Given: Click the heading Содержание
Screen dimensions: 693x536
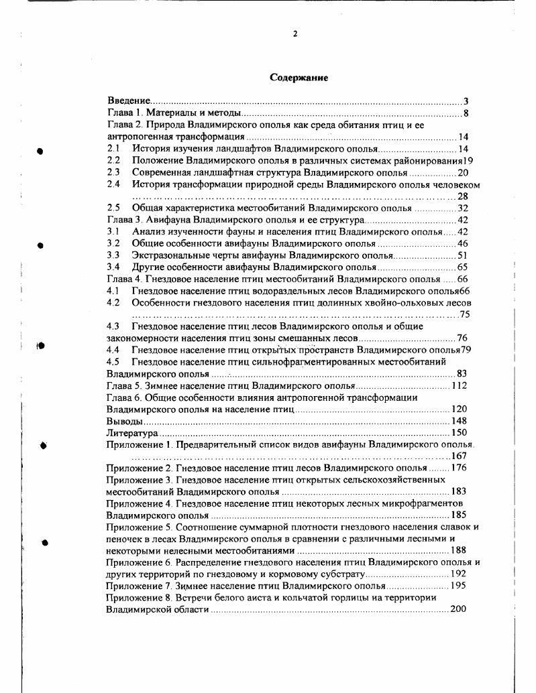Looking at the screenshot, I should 299,78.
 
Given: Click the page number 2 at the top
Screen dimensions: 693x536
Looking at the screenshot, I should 294,34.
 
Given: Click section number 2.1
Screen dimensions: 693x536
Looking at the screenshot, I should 113,148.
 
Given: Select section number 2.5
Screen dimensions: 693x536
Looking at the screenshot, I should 113,208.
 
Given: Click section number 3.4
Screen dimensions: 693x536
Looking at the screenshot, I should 113,267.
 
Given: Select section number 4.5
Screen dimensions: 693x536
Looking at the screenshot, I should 113,362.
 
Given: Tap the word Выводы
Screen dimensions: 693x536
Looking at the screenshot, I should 124,422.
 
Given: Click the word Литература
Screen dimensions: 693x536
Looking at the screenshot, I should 129,434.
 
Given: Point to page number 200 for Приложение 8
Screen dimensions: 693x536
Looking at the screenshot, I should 459,610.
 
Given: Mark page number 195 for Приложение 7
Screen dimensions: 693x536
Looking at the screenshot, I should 459,586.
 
